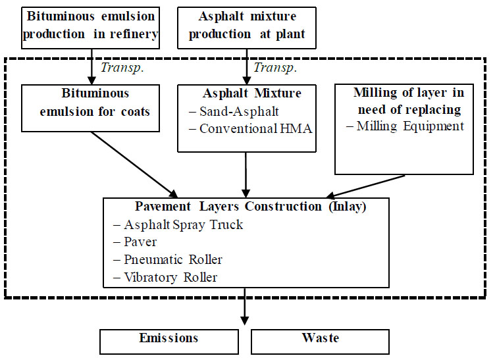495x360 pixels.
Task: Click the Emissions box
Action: [x=169, y=340]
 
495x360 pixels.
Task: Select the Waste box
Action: [x=321, y=340]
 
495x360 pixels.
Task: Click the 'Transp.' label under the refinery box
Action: [x=117, y=68]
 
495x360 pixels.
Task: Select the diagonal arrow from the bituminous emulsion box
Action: [x=135, y=161]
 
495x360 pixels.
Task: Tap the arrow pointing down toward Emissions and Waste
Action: [x=245, y=309]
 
